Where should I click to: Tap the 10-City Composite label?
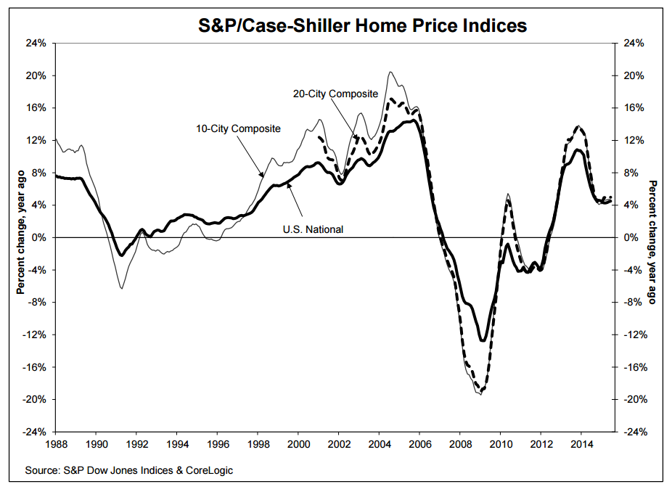coord(238,128)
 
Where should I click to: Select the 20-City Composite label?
coord(335,94)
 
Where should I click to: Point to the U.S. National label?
coord(313,229)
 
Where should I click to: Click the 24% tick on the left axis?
coord(37,43)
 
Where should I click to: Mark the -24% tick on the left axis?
coord(36,431)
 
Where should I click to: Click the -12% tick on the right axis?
coord(635,335)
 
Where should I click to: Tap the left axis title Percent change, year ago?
coord(21,237)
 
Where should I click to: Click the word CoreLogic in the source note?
coord(208,470)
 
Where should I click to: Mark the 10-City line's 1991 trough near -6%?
coord(121,288)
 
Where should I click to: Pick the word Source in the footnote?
coord(41,470)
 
